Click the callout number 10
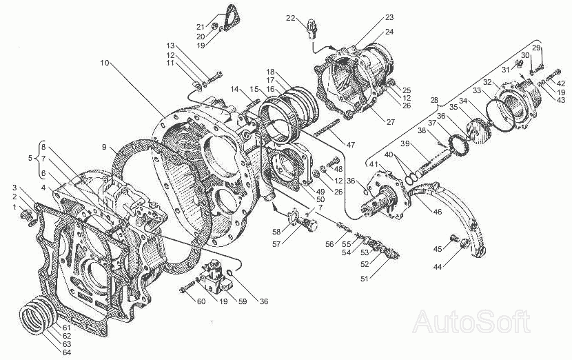tap(105, 62)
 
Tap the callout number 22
tap(291, 18)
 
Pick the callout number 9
tap(104, 148)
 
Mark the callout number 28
tap(433, 101)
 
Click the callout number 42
tap(562, 83)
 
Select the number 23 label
tap(389, 17)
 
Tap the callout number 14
tap(234, 89)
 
